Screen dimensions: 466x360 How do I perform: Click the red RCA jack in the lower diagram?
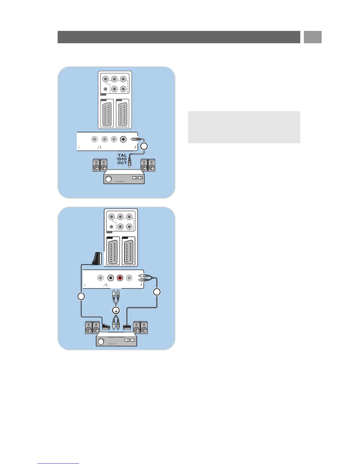[x=120, y=278]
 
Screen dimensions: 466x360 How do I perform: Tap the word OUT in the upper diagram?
[x=122, y=163]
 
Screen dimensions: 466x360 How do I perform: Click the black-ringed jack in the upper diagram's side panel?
[x=124, y=139]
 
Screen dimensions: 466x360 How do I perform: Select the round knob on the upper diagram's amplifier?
[x=109, y=179]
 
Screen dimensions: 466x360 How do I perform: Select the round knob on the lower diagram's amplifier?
[x=101, y=341]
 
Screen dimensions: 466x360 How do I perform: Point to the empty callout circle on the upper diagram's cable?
[x=144, y=146]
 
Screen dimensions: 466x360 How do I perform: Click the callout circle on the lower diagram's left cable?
[x=81, y=296]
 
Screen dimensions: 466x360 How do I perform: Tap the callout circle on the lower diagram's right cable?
[x=157, y=292]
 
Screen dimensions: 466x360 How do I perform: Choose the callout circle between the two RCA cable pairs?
[x=116, y=310]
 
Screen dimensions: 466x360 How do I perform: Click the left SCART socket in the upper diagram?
[x=107, y=114]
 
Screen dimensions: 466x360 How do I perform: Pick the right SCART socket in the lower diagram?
[x=129, y=252]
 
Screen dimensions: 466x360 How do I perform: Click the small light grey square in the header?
[x=313, y=37]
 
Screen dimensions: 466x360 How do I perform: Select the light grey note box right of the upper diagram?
[x=244, y=127]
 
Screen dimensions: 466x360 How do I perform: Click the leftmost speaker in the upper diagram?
[x=96, y=165]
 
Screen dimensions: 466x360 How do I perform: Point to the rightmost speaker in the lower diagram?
[x=144, y=328]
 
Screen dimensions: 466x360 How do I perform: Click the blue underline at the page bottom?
[x=58, y=463]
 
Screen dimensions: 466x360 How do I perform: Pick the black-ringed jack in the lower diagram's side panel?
[x=111, y=278]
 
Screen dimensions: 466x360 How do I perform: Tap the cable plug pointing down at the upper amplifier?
[x=129, y=163]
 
